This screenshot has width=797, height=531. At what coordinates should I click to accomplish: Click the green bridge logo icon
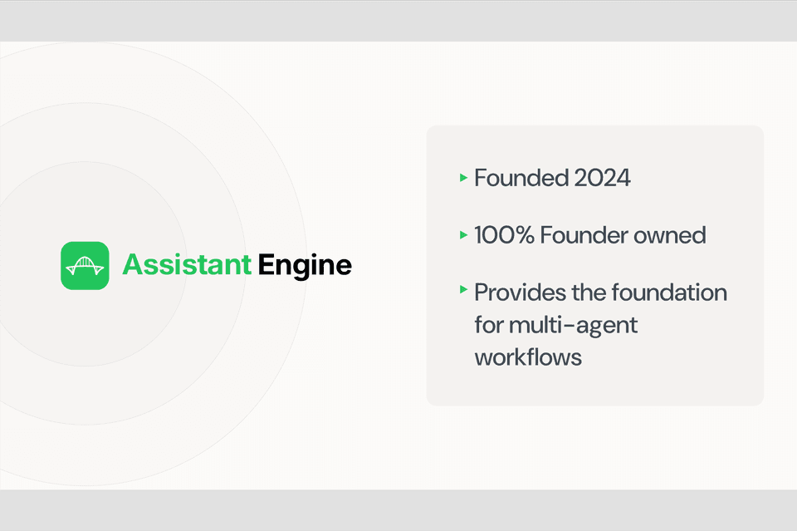pos(85,266)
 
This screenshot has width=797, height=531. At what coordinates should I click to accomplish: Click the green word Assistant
pos(187,266)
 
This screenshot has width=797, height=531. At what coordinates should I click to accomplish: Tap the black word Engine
pos(305,266)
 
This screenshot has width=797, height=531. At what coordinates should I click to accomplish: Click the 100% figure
pos(504,235)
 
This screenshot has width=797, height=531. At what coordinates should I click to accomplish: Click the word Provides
pos(521,293)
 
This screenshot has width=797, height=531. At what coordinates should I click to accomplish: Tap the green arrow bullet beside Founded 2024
pos(463,177)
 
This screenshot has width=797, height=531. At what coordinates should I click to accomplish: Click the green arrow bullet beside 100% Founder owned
pos(463,235)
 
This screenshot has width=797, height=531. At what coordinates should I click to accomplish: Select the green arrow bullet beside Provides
pos(463,290)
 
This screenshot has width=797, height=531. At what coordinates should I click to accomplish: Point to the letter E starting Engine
pos(266,266)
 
